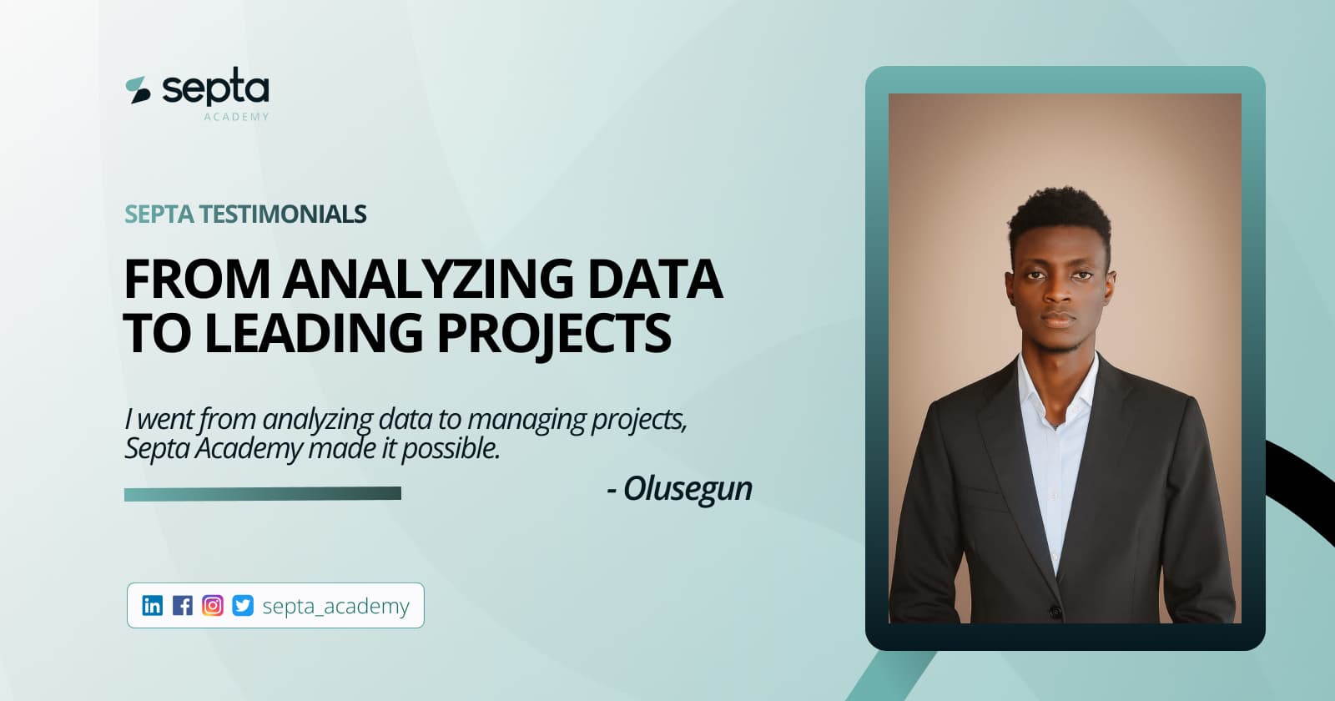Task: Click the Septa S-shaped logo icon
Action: [x=138, y=90]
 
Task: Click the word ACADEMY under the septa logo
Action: [x=236, y=117]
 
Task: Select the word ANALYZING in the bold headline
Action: [x=428, y=280]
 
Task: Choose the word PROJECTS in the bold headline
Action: [x=554, y=333]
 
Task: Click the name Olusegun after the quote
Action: [x=688, y=489]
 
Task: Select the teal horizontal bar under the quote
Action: [x=262, y=494]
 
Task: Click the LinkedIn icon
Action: [x=153, y=605]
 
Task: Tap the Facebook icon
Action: [x=183, y=605]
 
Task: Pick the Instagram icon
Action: [x=213, y=605]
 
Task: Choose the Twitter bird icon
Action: [x=243, y=605]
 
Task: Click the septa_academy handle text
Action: [x=335, y=606]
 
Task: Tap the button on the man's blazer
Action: [x=1055, y=613]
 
